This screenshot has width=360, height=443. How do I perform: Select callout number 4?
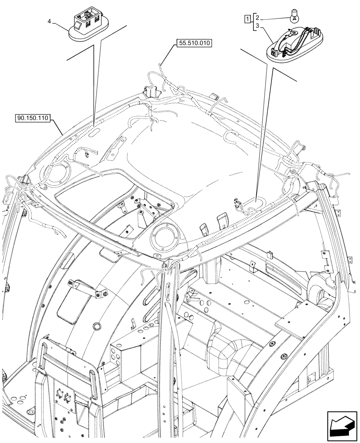point(49,21)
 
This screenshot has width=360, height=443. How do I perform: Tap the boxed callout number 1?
point(247,19)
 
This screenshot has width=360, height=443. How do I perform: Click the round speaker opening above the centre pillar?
point(164,236)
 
